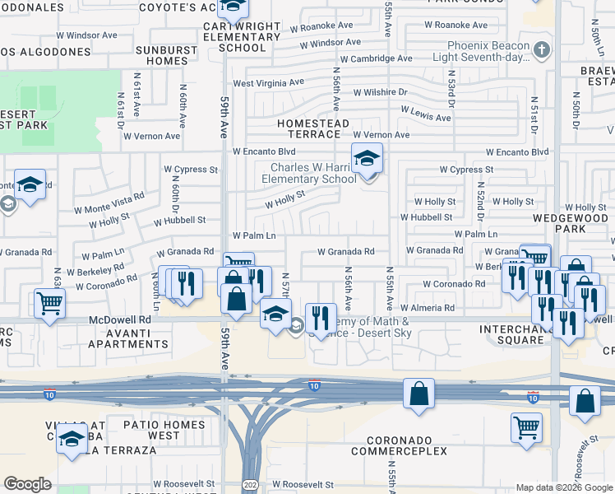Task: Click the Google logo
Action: click(x=28, y=484)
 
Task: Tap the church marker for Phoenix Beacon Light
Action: click(x=541, y=49)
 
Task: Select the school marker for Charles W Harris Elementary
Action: click(x=367, y=159)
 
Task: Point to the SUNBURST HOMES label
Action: click(x=162, y=55)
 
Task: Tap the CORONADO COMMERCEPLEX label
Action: click(x=399, y=445)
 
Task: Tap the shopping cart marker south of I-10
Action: click(x=526, y=428)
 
